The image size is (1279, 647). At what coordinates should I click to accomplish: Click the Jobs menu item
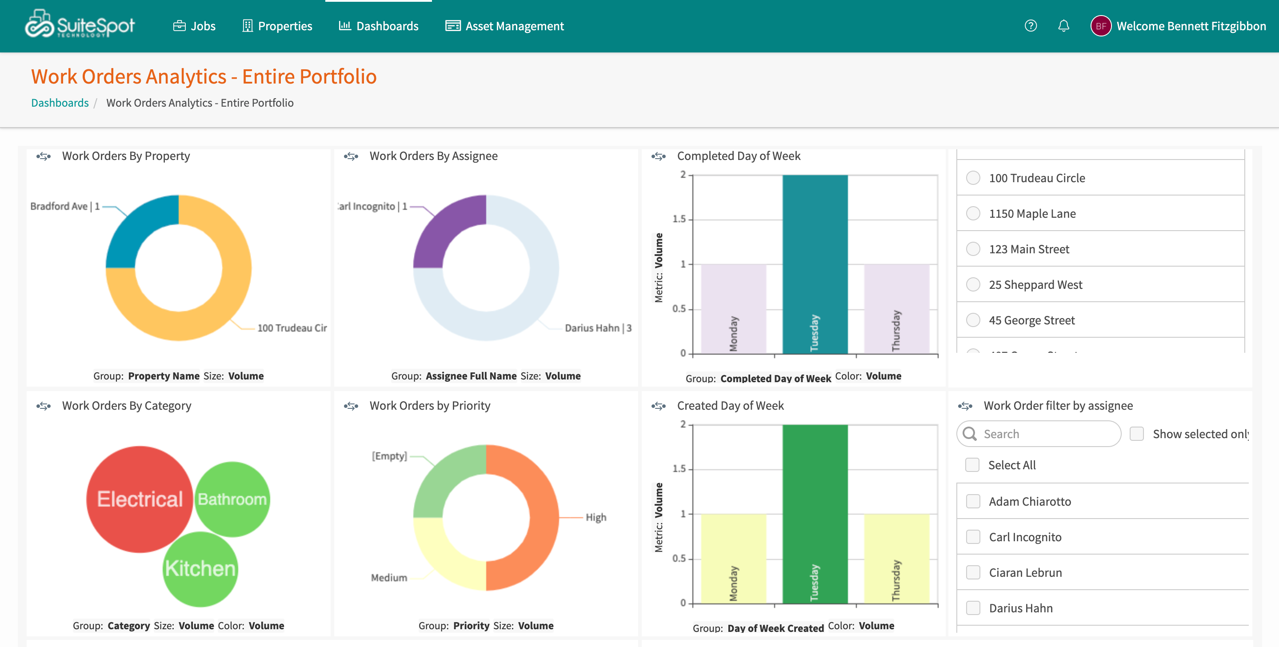(194, 26)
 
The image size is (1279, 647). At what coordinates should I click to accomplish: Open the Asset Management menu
(504, 26)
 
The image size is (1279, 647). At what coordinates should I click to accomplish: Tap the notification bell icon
(1063, 26)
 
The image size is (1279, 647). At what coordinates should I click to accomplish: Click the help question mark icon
(1030, 26)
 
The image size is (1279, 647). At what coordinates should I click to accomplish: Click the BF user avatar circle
(1100, 26)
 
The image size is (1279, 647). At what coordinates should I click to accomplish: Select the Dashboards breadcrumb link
(60, 103)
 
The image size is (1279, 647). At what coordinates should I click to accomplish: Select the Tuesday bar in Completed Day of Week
(815, 263)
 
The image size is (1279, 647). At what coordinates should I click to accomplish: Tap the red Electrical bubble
(140, 499)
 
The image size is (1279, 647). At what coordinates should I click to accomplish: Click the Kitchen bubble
(200, 568)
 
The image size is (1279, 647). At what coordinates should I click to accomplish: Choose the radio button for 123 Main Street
(973, 249)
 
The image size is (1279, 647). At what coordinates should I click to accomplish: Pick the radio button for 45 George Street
(973, 320)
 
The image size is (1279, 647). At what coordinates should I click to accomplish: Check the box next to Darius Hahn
(973, 608)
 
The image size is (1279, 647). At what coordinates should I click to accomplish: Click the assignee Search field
(1043, 434)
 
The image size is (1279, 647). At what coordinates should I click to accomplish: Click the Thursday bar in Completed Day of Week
(896, 308)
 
